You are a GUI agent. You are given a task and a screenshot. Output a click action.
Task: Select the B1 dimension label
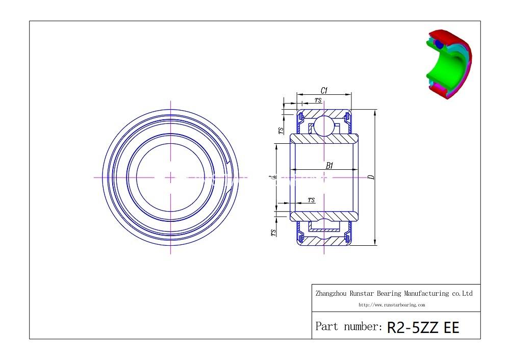(x=329, y=166)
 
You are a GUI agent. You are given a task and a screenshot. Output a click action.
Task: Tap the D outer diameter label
(x=371, y=177)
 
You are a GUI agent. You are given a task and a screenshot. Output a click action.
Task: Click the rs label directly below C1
(x=318, y=100)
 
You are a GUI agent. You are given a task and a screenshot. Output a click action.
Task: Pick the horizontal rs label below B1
(x=312, y=199)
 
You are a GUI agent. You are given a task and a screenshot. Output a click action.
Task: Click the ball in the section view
(x=323, y=126)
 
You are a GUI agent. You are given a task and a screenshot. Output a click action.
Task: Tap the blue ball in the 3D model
(x=439, y=44)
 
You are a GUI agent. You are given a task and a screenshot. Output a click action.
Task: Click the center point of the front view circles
(x=170, y=177)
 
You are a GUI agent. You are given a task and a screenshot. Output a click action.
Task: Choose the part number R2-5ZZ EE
(x=423, y=327)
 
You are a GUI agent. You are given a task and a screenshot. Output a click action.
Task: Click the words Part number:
(x=348, y=326)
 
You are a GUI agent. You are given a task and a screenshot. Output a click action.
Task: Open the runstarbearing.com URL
(x=391, y=305)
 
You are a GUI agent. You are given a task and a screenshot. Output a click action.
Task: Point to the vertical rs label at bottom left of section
(x=274, y=233)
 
